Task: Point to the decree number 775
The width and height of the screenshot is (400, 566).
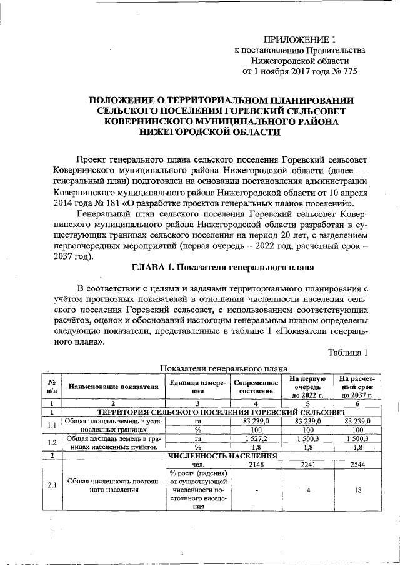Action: coord(346,72)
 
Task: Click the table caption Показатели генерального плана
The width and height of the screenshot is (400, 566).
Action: coord(224,368)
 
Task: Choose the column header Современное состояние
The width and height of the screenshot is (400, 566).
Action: coord(254,386)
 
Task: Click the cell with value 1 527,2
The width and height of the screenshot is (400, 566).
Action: coord(254,440)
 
